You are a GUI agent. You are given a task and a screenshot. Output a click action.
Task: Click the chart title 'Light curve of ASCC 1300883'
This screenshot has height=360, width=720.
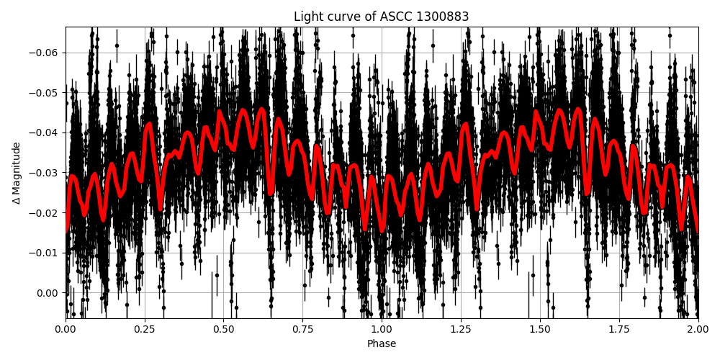(x=381, y=17)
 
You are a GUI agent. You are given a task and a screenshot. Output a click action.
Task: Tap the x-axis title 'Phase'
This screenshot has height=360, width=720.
(x=381, y=344)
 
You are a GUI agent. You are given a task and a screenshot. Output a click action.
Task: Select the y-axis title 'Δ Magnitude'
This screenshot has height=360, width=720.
(x=16, y=173)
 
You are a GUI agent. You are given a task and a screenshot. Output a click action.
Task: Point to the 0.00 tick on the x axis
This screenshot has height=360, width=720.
(x=66, y=330)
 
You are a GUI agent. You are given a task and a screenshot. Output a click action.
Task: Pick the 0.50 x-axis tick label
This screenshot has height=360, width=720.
(x=224, y=330)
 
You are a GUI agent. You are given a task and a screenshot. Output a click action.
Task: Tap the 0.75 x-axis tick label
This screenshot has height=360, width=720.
(x=302, y=330)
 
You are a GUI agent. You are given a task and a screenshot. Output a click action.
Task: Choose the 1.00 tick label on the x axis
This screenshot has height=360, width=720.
(x=382, y=330)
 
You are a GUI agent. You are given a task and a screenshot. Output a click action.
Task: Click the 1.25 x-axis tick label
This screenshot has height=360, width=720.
(x=461, y=330)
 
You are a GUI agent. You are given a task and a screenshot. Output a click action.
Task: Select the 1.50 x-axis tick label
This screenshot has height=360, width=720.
(x=540, y=330)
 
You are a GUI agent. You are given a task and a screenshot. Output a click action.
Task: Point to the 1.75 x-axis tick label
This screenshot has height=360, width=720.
(x=619, y=330)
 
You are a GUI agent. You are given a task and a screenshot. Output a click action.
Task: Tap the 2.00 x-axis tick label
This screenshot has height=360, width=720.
(x=698, y=330)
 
